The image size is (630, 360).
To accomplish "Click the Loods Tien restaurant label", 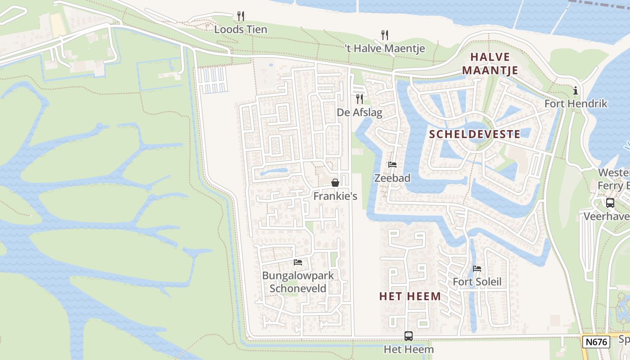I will [x=241, y=30].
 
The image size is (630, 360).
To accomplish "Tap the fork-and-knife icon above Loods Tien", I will [x=241, y=16].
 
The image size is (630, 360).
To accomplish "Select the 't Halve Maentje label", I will [x=385, y=49].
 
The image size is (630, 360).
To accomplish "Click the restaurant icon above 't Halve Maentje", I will [x=385, y=35].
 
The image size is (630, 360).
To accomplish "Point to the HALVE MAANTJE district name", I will [x=490, y=63].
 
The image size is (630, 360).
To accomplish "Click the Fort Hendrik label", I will [x=576, y=104].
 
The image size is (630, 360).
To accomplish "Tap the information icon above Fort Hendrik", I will [x=576, y=91].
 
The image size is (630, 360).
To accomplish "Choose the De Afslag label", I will [x=360, y=112].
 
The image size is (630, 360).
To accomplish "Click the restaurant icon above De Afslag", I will [x=360, y=99].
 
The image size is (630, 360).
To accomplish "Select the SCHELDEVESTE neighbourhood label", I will [x=475, y=134].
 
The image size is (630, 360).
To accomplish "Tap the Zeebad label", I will [x=392, y=178].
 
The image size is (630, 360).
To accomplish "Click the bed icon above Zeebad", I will [x=392, y=165].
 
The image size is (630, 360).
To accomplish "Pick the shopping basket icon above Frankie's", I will [x=335, y=183].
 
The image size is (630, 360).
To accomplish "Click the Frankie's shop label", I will [x=335, y=196].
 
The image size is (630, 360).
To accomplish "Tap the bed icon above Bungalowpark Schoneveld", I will [x=298, y=262].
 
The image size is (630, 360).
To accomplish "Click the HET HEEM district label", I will [x=410, y=296].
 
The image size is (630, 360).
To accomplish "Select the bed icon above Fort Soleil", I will [x=477, y=269].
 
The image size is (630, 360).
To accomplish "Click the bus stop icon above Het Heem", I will [x=409, y=336].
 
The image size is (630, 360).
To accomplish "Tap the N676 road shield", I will [x=596, y=342].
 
